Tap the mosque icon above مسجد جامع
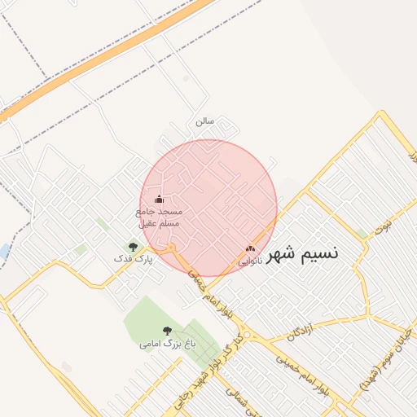[x=159, y=200]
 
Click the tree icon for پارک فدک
[x=133, y=246]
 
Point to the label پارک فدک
[x=132, y=258]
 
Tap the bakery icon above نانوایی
[x=250, y=249]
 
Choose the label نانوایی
[x=250, y=261]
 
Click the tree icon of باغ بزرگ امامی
[x=167, y=331]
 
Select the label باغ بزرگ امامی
[x=168, y=345]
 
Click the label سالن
[x=204, y=121]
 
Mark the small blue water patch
[x=5, y=251]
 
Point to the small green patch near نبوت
[x=361, y=234]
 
